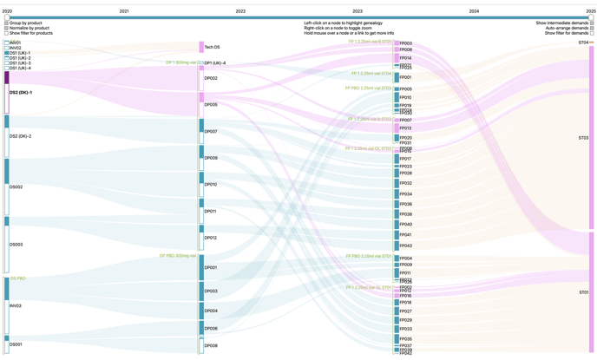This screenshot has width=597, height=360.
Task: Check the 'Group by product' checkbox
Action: click(7, 23)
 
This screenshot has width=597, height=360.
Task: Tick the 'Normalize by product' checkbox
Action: click(7, 28)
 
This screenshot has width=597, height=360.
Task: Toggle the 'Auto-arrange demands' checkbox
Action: click(592, 28)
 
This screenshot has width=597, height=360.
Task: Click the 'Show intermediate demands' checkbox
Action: click(592, 23)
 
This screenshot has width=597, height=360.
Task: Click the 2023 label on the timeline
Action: click(358, 11)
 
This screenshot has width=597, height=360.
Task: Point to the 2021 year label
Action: click(124, 11)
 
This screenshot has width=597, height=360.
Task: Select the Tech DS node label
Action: click(212, 48)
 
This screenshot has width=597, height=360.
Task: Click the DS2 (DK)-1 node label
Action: click(21, 92)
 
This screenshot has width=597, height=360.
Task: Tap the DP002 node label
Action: click(211, 79)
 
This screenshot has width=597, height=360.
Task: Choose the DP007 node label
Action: click(211, 132)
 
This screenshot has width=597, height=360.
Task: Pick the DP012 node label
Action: click(211, 238)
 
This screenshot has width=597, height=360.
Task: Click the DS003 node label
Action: click(16, 245)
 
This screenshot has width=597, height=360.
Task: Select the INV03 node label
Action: click(16, 305)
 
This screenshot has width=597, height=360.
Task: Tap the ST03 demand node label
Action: click(583, 138)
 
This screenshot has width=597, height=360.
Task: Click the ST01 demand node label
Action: click(583, 292)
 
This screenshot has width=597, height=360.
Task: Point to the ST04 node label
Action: click(583, 43)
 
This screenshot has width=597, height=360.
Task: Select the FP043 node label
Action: click(405, 245)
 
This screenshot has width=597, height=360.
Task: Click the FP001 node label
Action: click(405, 78)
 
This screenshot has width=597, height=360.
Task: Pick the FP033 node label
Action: click(405, 329)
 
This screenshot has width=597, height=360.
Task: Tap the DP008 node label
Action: click(211, 345)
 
